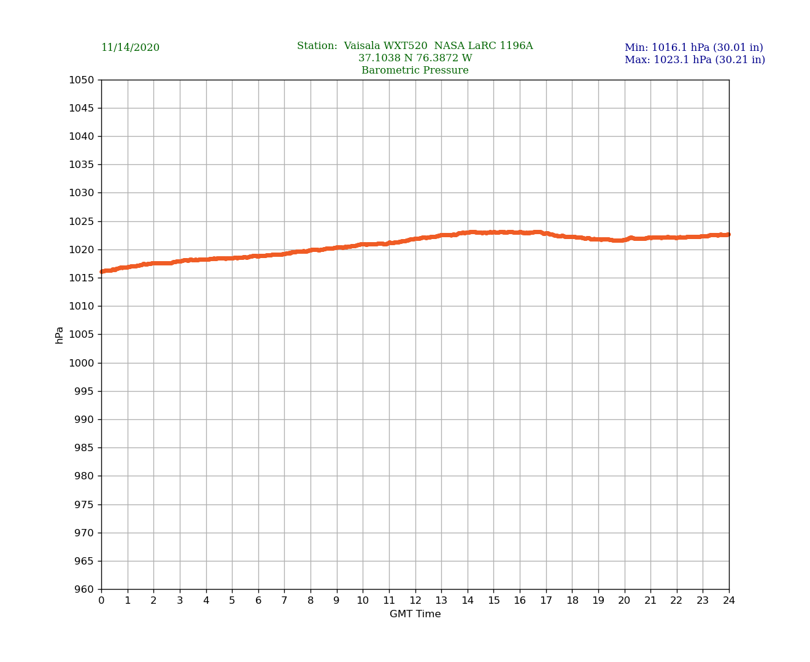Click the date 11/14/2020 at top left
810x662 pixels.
pos(130,48)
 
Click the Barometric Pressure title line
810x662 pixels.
pos(415,70)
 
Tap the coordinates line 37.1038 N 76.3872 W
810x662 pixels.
pos(415,58)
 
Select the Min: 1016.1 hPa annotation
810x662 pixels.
pos(693,48)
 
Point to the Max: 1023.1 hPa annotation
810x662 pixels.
pos(695,60)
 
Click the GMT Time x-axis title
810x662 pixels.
pos(415,614)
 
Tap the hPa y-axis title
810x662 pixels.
pos(60,335)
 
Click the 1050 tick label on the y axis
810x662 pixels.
pos(82,80)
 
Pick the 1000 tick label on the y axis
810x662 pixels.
pos(82,363)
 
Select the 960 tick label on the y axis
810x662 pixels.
pos(85,590)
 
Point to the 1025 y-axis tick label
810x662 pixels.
pos(82,221)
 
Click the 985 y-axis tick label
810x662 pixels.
pos(85,448)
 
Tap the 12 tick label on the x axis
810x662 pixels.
pos(415,601)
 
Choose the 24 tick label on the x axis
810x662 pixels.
pos(729,601)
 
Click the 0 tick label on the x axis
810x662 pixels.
pos(101,601)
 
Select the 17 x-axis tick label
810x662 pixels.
pos(546,601)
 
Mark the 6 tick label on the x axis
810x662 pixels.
pos(258,601)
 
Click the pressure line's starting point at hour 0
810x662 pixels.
pos(102,272)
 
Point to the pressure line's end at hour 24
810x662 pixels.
pos(728,234)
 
